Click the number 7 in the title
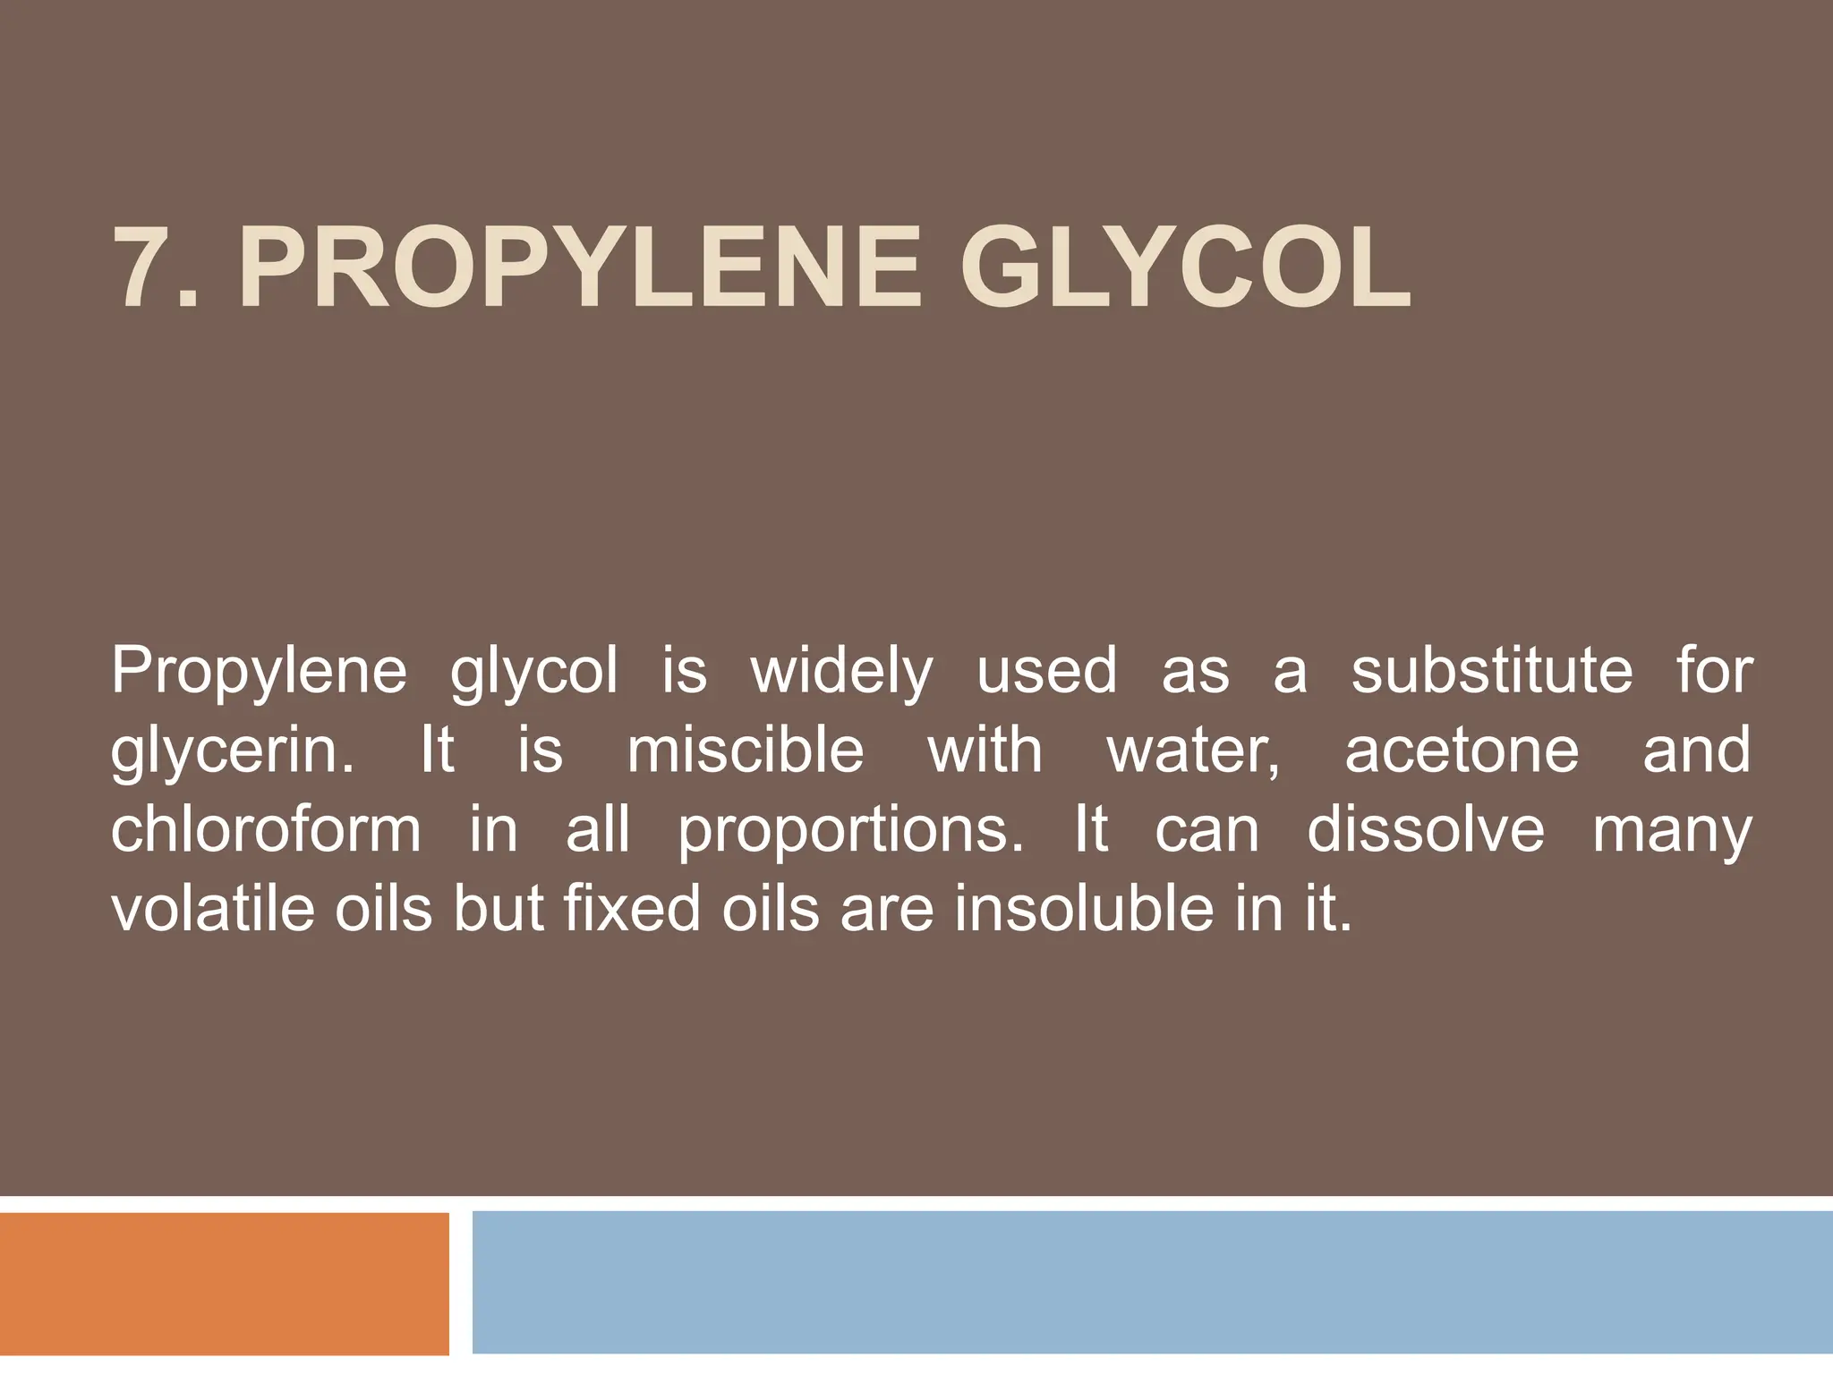click(143, 268)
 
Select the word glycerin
click(232, 751)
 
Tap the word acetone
click(1462, 751)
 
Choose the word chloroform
click(266, 829)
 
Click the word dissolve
click(1426, 829)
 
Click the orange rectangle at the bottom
click(224, 1284)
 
